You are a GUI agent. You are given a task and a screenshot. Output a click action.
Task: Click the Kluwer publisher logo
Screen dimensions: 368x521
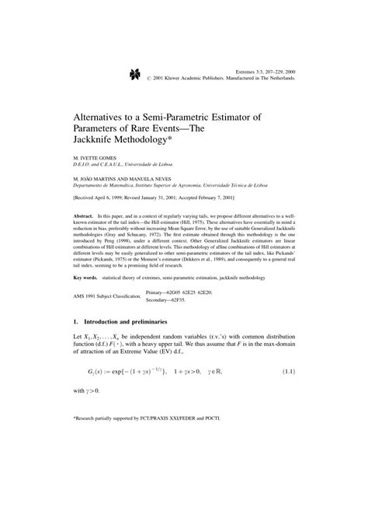pos(130,75)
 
